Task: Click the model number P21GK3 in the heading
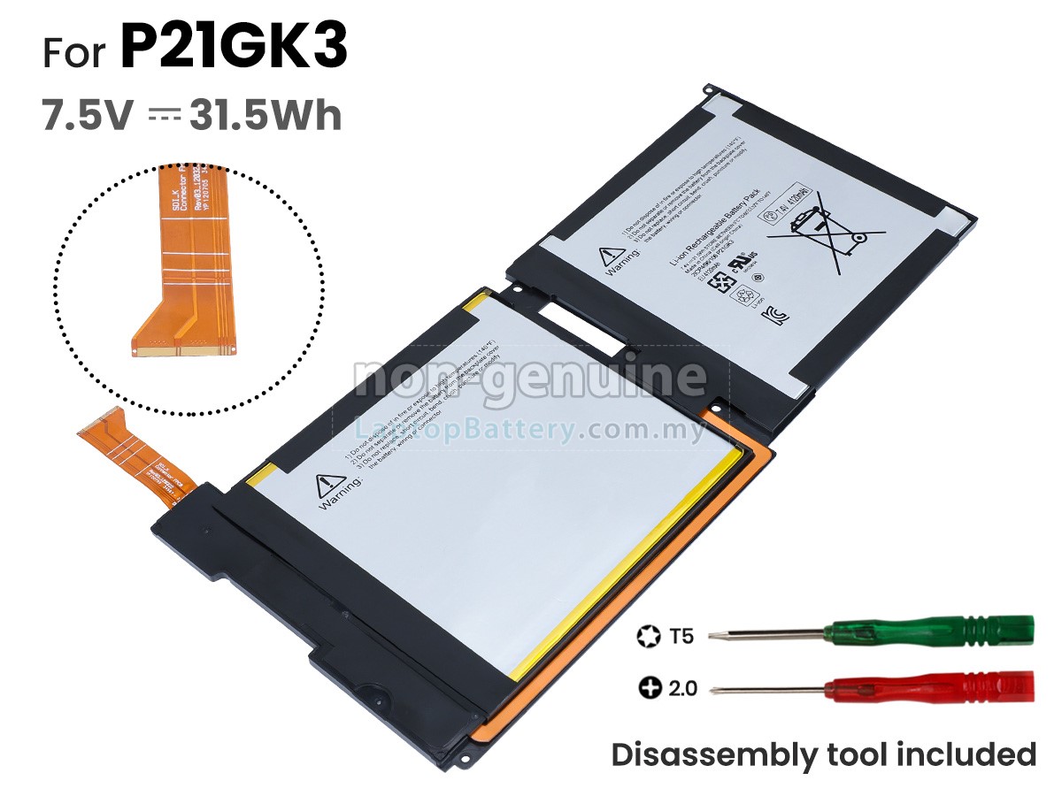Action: tap(234, 49)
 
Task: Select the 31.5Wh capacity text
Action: tap(265, 116)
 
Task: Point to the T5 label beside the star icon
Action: tap(681, 635)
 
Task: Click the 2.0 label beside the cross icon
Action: tap(682, 687)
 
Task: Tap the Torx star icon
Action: tap(648, 635)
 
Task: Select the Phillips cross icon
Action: tap(650, 687)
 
